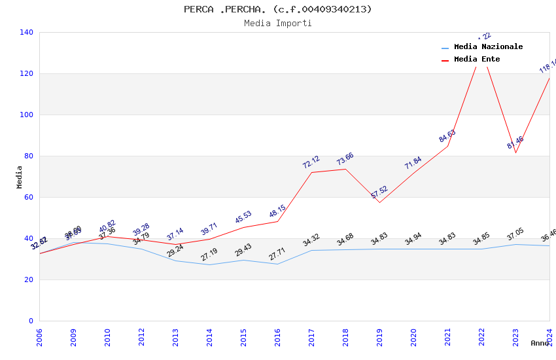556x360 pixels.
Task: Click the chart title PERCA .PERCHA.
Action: point(277,9)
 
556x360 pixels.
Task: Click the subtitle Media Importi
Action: point(277,24)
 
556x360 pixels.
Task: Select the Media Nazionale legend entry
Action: point(488,47)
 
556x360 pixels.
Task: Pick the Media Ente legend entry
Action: point(476,60)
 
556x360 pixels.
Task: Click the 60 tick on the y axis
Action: point(28,197)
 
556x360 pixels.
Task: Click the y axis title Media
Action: point(20,177)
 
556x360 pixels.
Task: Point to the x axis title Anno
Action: point(540,343)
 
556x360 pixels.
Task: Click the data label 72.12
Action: point(311,162)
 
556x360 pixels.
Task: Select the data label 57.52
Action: point(379,192)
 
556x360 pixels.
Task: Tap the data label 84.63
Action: point(447,136)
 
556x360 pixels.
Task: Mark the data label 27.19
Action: point(209,255)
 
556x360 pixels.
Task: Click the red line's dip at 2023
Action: point(515,153)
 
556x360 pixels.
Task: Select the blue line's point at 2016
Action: point(277,264)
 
